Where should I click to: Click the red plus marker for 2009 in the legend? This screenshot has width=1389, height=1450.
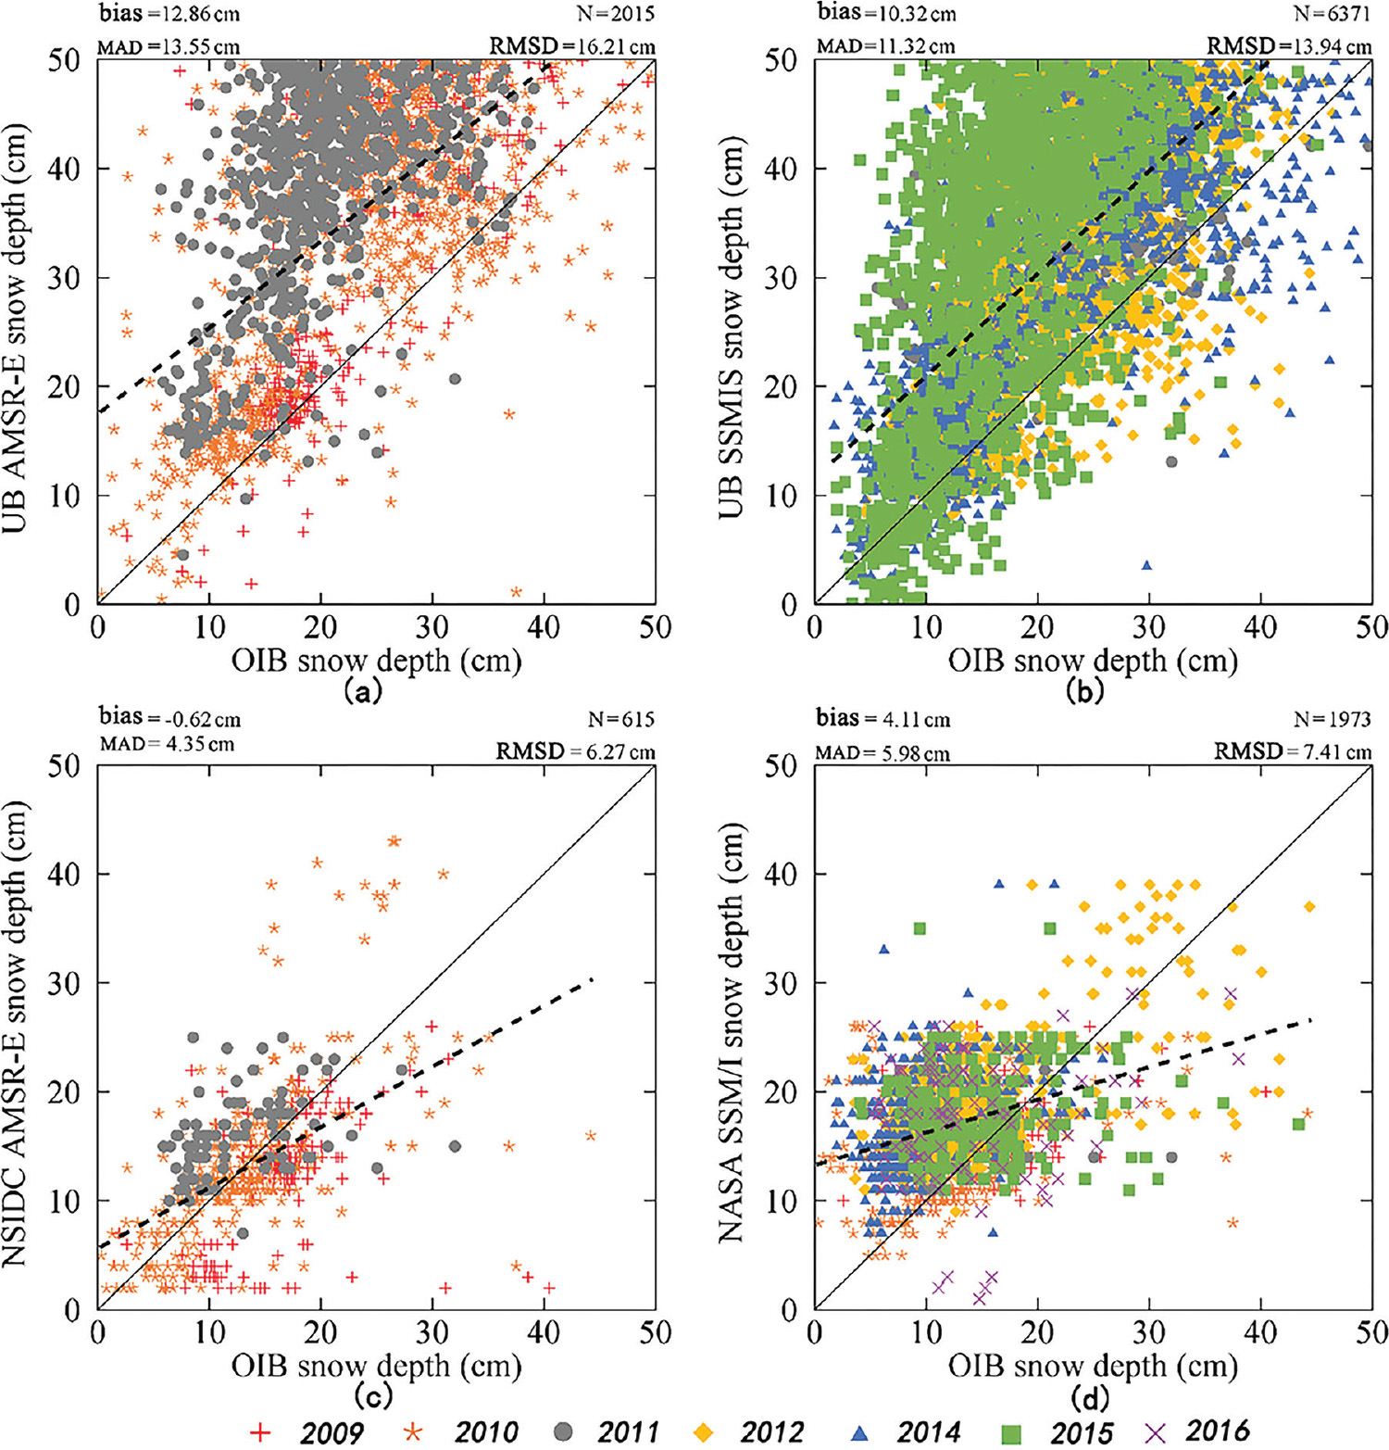pyautogui.click(x=262, y=1432)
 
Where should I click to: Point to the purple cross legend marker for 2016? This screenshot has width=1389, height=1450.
pyautogui.click(x=1154, y=1432)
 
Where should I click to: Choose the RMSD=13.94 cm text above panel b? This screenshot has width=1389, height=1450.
pyautogui.click(x=1288, y=45)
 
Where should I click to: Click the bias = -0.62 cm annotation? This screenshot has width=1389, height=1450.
pyautogui.click(x=169, y=717)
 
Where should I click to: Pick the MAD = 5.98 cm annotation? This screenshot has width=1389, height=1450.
pyautogui.click(x=882, y=753)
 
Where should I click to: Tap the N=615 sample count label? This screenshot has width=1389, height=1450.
pyautogui.click(x=620, y=719)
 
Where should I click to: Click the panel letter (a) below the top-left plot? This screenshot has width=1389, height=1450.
pyautogui.click(x=361, y=691)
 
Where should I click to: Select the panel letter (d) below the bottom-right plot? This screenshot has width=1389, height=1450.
pyautogui.click(x=1088, y=1396)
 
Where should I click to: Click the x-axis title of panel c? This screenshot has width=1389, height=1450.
pyautogui.click(x=376, y=1366)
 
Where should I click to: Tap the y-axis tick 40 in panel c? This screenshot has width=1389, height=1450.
pyautogui.click(x=65, y=874)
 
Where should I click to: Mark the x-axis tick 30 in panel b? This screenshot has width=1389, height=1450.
pyautogui.click(x=1148, y=628)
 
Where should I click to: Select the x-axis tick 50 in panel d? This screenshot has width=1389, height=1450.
pyautogui.click(x=1371, y=1333)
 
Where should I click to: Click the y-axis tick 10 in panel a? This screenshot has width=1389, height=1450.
pyautogui.click(x=65, y=496)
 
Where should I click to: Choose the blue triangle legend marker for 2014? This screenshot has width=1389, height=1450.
pyautogui.click(x=860, y=1432)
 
